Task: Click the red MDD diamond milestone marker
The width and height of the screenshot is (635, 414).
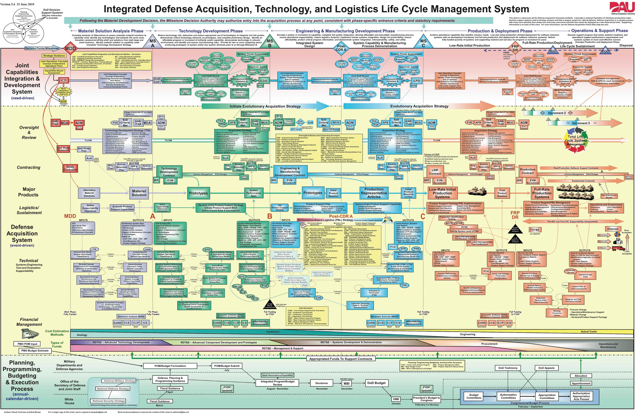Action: pos(70,48)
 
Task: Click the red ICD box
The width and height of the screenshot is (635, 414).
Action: pos(64,80)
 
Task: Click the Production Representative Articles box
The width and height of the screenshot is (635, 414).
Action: pos(374,193)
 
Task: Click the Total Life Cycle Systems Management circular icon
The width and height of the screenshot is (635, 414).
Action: pos(576,140)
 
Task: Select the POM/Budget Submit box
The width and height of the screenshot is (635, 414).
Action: pos(227,366)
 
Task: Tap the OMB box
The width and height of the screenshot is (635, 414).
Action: pos(396,399)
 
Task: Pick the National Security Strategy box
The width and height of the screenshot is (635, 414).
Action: pos(109,401)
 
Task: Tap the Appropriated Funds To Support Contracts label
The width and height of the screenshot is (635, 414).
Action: pos(341,359)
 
